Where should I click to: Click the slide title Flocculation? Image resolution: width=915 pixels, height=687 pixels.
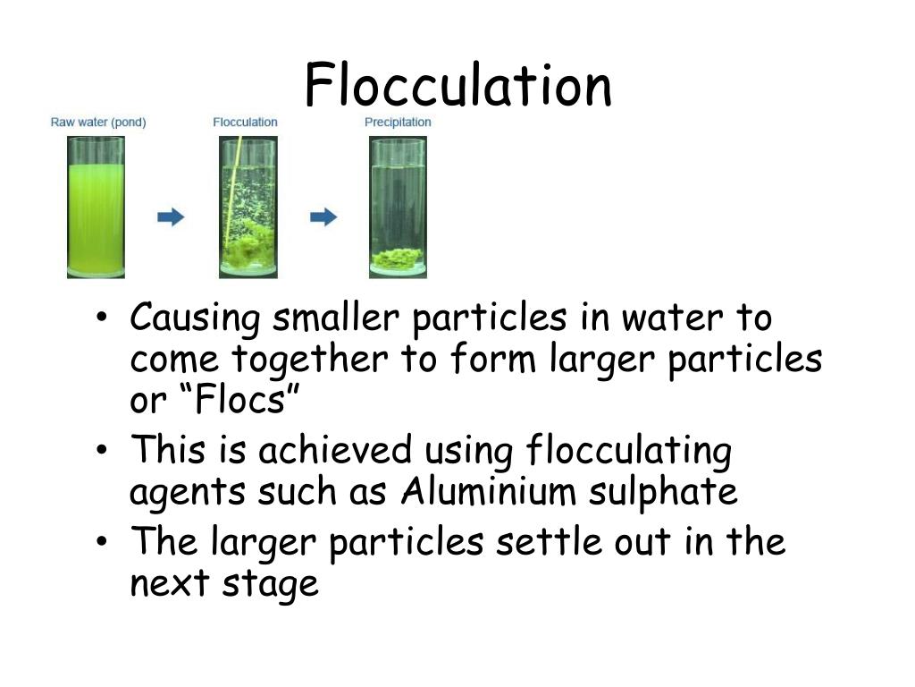coord(457,86)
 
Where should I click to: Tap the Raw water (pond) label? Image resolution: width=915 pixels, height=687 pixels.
coord(98,122)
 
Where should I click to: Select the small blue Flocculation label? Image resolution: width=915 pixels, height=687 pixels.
coord(245,122)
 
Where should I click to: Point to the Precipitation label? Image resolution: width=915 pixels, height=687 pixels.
coord(398,122)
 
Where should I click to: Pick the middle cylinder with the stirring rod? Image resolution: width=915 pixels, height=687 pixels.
coord(248,208)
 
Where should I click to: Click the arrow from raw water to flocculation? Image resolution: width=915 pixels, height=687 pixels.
coord(172,216)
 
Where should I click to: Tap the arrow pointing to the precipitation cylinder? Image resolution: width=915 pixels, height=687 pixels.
coord(323,216)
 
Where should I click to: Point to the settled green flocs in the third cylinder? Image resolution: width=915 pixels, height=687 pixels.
coord(398,259)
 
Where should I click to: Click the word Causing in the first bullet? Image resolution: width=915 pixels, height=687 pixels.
coord(196,318)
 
